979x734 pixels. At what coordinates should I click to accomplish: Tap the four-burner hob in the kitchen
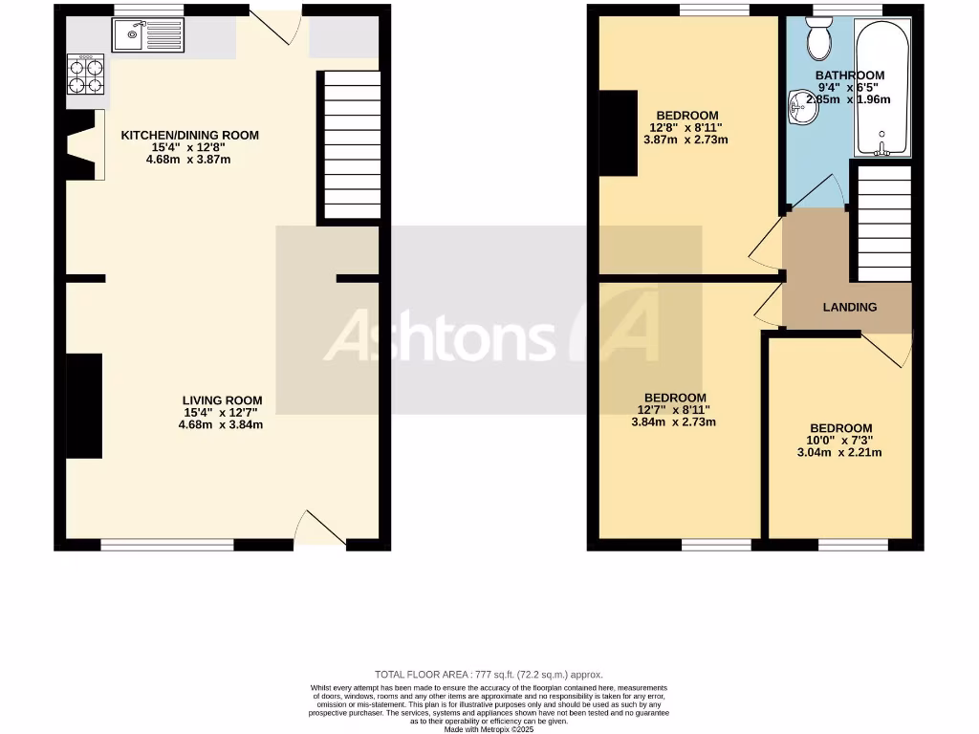tap(84, 75)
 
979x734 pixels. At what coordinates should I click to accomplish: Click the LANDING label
tap(850, 307)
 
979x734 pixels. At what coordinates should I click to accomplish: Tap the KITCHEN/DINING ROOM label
tap(189, 136)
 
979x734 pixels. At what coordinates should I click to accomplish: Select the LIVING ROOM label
tap(222, 400)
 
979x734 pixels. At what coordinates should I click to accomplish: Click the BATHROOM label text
tap(849, 76)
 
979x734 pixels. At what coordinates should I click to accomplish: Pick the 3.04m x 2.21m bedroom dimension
tap(840, 453)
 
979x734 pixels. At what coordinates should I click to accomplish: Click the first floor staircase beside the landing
tap(881, 223)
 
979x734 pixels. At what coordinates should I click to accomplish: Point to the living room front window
tap(167, 545)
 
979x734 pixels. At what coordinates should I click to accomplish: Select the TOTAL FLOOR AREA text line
tap(489, 675)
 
